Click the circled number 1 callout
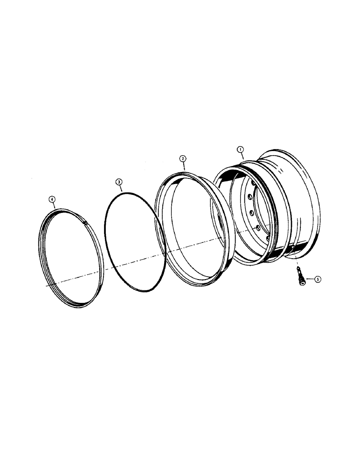pos(240,149)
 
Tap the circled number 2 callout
pos(183,158)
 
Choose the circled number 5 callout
pos(318,280)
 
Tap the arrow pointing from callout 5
pos(309,280)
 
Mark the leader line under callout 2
pos(184,166)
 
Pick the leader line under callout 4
pos(54,206)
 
